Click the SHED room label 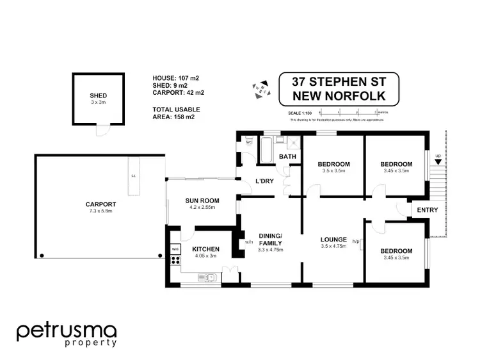[98, 95]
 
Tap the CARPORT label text [100, 205]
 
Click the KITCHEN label [206, 249]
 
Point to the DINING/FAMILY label [270, 239]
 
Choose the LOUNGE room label [333, 240]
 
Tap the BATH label [288, 157]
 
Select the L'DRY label [264, 181]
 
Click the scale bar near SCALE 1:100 [346, 113]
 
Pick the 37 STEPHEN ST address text [339, 82]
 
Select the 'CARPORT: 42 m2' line [177, 93]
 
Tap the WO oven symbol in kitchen [174, 249]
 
